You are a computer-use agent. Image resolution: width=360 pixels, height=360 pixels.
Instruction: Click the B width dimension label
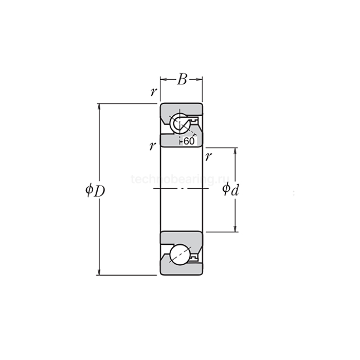tap(182, 79)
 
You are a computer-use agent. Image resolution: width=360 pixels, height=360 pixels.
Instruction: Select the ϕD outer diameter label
tap(95, 190)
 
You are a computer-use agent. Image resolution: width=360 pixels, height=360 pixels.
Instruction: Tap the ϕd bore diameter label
tap(230, 190)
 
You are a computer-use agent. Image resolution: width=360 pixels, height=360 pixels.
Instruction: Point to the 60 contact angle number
tap(189, 141)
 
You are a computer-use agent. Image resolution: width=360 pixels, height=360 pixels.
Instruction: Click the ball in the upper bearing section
tap(181, 124)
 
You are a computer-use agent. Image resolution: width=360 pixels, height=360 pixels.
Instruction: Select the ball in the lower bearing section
tap(181, 255)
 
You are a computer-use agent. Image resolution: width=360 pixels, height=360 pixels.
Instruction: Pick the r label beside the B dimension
tap(153, 93)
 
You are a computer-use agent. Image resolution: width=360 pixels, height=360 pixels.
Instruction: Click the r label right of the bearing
tap(208, 156)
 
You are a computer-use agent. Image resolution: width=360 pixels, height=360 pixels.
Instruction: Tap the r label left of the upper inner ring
tap(152, 146)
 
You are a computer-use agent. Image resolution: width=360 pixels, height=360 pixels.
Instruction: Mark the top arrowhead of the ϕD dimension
tap(99, 107)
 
